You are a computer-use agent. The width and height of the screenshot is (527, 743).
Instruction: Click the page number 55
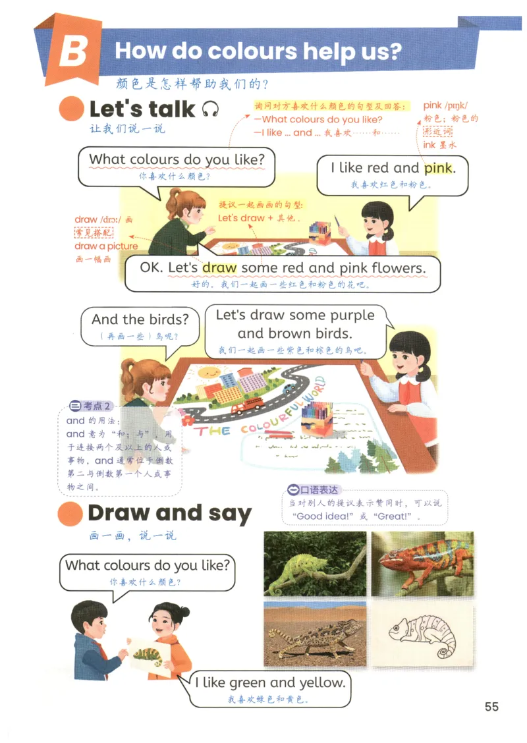[491, 707]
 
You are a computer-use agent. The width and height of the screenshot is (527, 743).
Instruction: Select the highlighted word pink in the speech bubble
[439, 168]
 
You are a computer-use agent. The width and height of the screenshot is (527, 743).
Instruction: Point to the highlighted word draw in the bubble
[219, 267]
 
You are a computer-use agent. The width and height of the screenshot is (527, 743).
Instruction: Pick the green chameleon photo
[315, 563]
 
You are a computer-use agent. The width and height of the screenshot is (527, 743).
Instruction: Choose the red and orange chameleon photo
[422, 563]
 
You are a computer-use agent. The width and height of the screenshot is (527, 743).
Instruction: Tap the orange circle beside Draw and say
[70, 514]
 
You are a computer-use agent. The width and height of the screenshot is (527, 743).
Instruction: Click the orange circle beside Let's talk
[72, 109]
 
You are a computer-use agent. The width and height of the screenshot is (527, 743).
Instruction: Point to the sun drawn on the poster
[207, 374]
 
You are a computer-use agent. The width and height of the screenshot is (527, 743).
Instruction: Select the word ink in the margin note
[429, 144]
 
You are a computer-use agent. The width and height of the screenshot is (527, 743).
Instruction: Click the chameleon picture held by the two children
[148, 655]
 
